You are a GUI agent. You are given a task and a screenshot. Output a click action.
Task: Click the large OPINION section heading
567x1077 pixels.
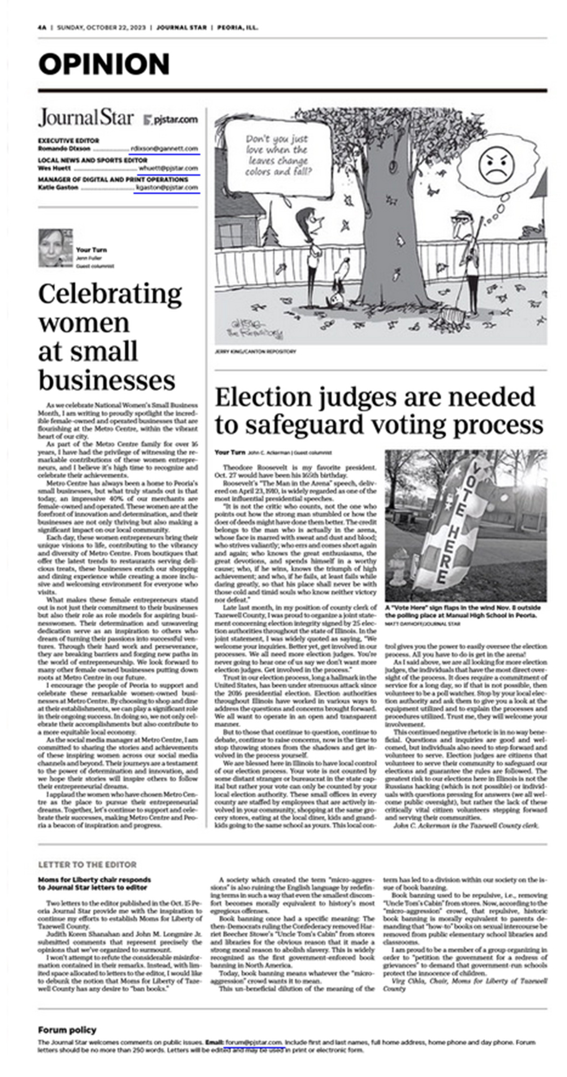click(x=104, y=64)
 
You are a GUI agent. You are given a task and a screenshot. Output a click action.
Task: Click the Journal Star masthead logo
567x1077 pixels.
click(x=86, y=118)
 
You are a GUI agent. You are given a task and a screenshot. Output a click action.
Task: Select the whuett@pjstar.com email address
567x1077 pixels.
click(x=168, y=168)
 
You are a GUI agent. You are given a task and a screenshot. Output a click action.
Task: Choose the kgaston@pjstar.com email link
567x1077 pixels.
click(x=166, y=188)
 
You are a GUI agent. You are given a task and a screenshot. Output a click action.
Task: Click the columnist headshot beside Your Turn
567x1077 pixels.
click(x=55, y=248)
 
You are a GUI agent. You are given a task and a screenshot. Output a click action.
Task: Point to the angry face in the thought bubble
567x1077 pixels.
click(x=496, y=164)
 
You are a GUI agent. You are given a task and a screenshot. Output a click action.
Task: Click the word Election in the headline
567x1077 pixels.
click(x=263, y=397)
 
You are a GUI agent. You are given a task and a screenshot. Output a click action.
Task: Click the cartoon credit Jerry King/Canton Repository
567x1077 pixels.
click(x=255, y=351)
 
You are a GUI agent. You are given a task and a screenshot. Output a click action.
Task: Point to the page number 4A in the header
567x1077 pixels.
click(x=42, y=27)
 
